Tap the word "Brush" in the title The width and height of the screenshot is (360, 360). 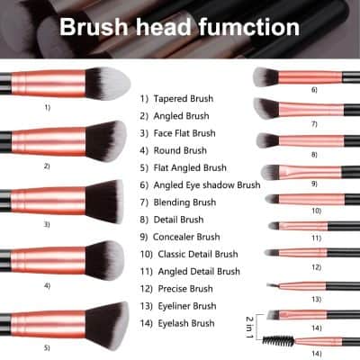96,27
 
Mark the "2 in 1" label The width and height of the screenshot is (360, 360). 250,320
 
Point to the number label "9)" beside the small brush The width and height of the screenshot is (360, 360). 315,184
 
